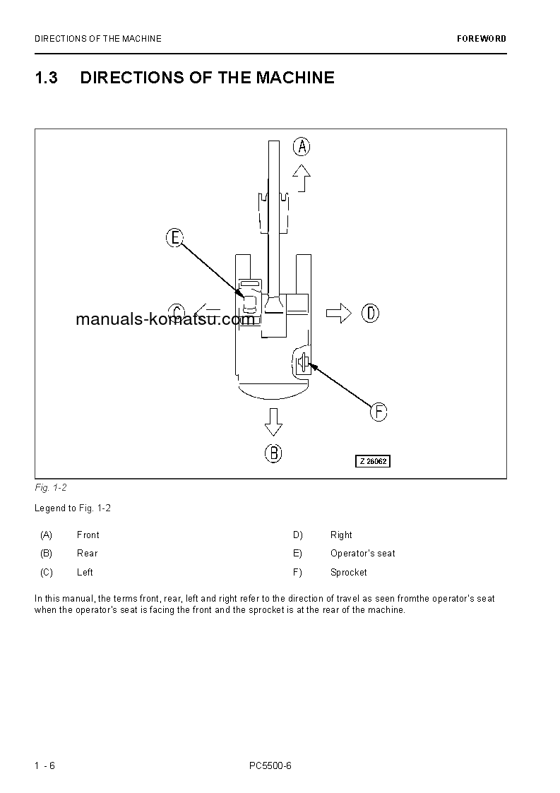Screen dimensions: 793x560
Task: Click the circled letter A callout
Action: pos(302,147)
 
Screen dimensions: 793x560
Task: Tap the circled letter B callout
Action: pos(273,453)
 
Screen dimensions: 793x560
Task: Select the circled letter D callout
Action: pos(371,313)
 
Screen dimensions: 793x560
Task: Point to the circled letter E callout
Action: pos(175,238)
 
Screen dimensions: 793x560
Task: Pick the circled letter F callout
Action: pos(379,412)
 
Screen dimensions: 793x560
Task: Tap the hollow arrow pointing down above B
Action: pos(273,422)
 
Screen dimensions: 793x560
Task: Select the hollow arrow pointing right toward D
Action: pos(338,313)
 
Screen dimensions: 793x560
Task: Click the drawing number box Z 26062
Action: pos(372,461)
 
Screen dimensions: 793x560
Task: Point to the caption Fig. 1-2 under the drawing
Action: pos(50,488)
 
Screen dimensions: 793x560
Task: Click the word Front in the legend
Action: pos(88,535)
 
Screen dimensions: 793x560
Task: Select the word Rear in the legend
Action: pos(88,554)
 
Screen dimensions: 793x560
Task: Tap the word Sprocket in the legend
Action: pos(349,573)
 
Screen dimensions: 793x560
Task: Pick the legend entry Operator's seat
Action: pos(363,554)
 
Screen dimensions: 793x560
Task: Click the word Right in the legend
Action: pos(341,535)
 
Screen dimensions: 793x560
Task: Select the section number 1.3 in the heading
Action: pos(46,78)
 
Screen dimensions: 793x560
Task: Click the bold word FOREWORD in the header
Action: pos(481,39)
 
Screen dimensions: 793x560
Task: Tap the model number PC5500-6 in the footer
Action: pos(270,765)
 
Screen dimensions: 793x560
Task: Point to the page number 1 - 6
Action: pos(44,765)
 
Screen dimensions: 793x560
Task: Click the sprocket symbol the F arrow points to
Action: pos(302,363)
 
